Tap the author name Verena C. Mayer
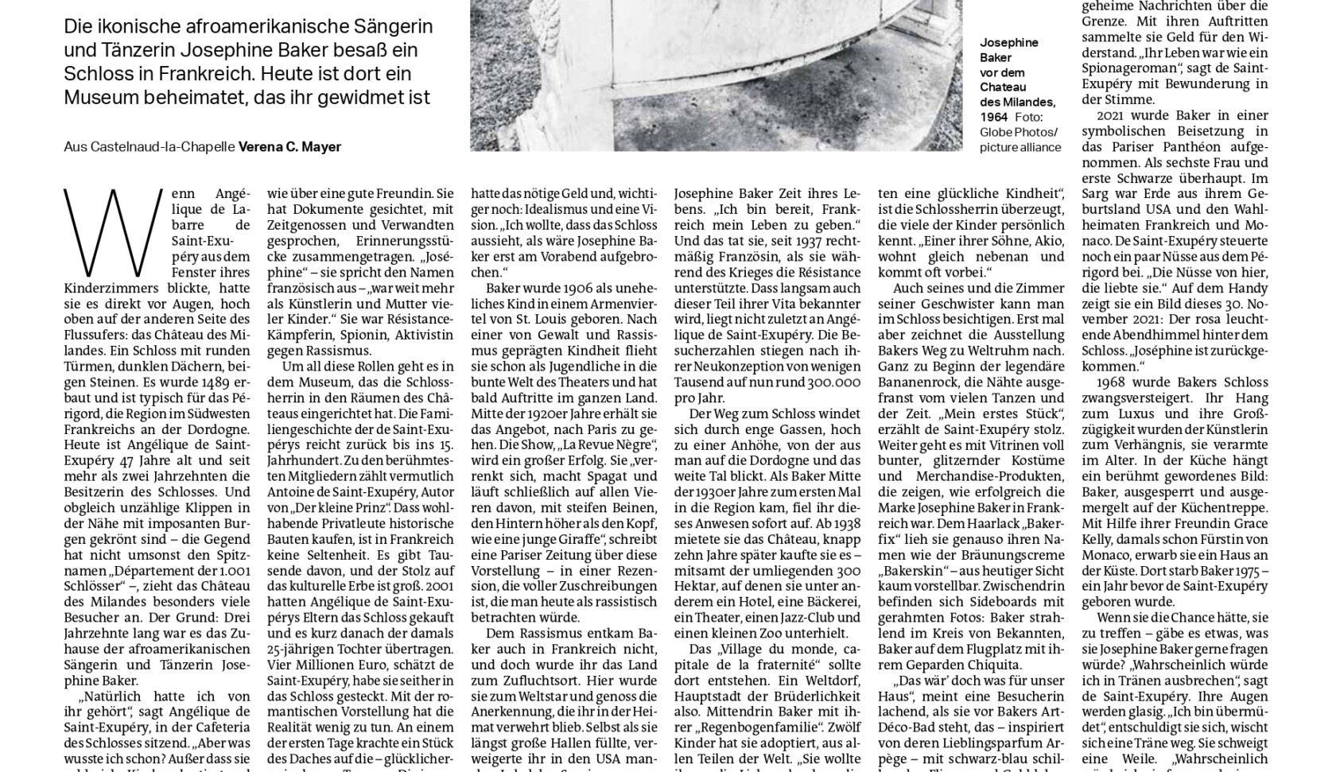tap(289, 147)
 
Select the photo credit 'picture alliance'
tap(1020, 147)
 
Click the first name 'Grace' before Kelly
tap(1249, 523)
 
